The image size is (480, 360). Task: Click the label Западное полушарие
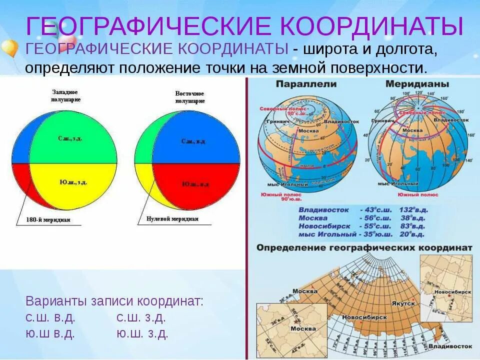(x=65, y=96)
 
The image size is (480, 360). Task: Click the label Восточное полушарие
(x=190, y=97)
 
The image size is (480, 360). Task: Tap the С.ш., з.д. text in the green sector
(x=70, y=138)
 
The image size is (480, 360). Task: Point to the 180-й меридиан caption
(x=49, y=219)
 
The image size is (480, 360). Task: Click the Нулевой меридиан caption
(x=172, y=218)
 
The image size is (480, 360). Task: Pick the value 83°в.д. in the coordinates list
(x=413, y=226)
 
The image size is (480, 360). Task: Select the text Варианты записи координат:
(x=114, y=301)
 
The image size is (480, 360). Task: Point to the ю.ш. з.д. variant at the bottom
(x=142, y=333)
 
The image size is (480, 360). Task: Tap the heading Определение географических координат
(x=364, y=247)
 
